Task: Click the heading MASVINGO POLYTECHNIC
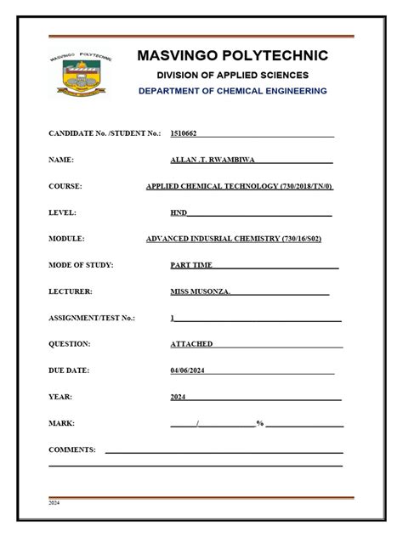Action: coord(232,56)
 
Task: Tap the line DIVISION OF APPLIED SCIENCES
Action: coord(232,75)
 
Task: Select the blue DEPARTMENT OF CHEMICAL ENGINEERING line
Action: coord(232,91)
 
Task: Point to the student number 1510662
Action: coord(183,133)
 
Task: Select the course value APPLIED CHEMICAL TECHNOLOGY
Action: coord(240,186)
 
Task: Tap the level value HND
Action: coord(178,212)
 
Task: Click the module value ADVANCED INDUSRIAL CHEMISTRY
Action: coord(234,239)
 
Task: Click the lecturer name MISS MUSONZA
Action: coord(200,291)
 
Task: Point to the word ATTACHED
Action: coord(191,344)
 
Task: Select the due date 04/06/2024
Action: coord(188,370)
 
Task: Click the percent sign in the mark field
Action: coord(259,423)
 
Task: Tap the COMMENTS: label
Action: coord(72,449)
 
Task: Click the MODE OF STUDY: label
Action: coord(81,265)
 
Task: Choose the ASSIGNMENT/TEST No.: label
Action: coord(92,318)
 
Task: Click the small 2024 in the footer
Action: coord(54,503)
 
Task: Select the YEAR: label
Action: coord(60,397)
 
